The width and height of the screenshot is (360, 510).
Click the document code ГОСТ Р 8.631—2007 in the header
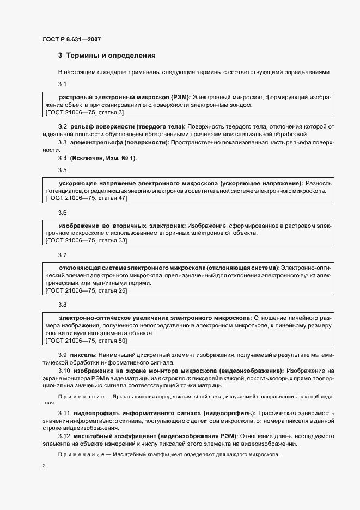tap(71, 39)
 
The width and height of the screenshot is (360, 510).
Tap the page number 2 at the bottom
tap(44, 466)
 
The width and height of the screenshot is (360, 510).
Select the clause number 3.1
tap(62, 84)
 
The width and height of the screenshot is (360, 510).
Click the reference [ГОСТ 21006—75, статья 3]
tap(85, 112)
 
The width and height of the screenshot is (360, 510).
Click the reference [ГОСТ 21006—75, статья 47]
tap(87, 199)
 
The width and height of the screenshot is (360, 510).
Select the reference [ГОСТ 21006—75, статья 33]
tap(87, 240)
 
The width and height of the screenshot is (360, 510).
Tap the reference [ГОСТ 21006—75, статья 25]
tap(87, 291)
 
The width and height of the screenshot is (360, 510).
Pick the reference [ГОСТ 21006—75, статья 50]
tap(87, 341)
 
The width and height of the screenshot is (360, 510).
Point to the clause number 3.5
tap(62, 170)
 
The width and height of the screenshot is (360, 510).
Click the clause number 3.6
tap(62, 212)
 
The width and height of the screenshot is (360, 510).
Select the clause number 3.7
tap(62, 254)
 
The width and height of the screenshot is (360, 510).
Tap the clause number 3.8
tap(62, 305)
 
